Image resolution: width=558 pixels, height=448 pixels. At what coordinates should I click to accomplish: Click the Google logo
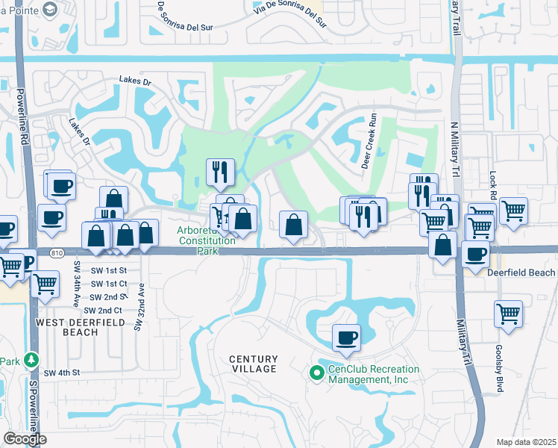pyautogui.click(x=24, y=439)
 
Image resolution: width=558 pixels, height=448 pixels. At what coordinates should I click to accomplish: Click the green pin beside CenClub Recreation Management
pyautogui.click(x=316, y=372)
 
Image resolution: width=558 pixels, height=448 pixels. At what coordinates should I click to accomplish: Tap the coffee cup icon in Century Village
pyautogui.click(x=345, y=337)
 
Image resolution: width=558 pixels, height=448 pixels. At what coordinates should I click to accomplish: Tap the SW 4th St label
pyautogui.click(x=60, y=373)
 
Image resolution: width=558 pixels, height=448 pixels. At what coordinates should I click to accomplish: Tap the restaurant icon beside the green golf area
pyautogui.click(x=220, y=172)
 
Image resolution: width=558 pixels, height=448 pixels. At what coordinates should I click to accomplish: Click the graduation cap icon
pyautogui.click(x=50, y=8)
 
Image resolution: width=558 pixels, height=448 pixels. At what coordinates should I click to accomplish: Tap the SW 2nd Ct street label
pyautogui.click(x=103, y=310)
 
